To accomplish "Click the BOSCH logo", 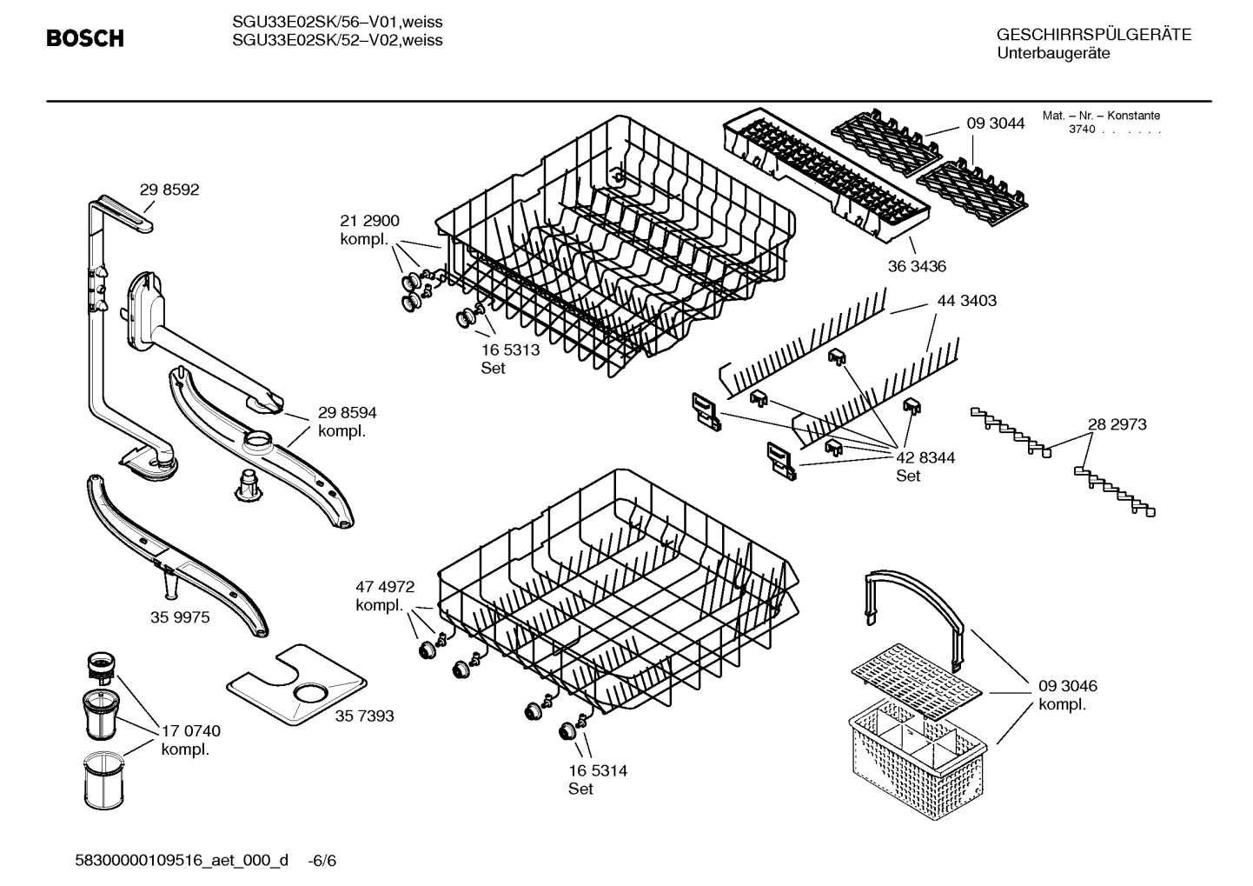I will click(84, 39).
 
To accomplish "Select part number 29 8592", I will click(169, 190).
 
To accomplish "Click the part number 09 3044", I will click(996, 123).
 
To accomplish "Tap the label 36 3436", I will click(917, 267).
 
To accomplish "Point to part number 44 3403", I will click(966, 301).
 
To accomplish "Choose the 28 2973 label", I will click(1117, 424).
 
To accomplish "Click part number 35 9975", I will click(180, 617).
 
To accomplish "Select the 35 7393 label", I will click(364, 716).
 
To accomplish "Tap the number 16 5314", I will click(598, 770).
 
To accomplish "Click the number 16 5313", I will click(510, 350).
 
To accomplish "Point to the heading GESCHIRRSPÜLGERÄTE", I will click(1094, 35).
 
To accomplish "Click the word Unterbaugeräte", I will click(1053, 54).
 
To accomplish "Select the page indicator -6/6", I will click(322, 861).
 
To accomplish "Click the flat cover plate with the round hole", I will click(295, 686).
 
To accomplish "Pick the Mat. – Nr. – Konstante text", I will click(1101, 116).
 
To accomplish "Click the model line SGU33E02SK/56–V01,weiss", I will click(337, 23).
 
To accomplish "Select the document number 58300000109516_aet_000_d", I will click(183, 861).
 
